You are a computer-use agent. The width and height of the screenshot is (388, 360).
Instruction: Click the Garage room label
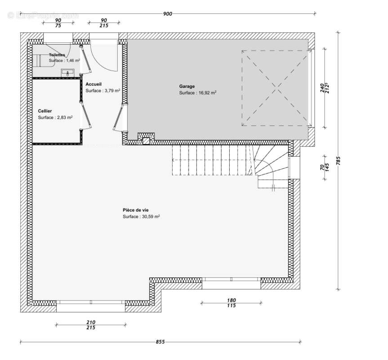187,86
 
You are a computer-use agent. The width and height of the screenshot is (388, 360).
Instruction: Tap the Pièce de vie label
135,210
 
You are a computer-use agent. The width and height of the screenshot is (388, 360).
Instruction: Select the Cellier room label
45,111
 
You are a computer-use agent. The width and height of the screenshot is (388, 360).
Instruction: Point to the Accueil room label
94,84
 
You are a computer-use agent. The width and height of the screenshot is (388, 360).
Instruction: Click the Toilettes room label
57,55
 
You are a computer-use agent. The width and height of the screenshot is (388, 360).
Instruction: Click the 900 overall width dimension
167,14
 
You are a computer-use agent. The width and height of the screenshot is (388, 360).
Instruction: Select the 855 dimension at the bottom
160,342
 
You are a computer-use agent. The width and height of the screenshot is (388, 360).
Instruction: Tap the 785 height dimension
339,161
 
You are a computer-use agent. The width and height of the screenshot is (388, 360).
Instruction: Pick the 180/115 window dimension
231,303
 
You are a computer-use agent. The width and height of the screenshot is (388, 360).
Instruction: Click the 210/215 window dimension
90,325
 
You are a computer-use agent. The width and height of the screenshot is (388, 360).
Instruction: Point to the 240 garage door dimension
322,88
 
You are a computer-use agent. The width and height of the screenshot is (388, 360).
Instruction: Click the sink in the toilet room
67,72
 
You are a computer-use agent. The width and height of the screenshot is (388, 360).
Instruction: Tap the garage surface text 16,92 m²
198,93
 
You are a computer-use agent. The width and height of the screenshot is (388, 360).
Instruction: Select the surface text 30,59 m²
142,216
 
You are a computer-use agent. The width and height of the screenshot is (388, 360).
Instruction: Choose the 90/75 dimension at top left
58,23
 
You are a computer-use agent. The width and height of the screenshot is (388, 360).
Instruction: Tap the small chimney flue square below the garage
146,140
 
